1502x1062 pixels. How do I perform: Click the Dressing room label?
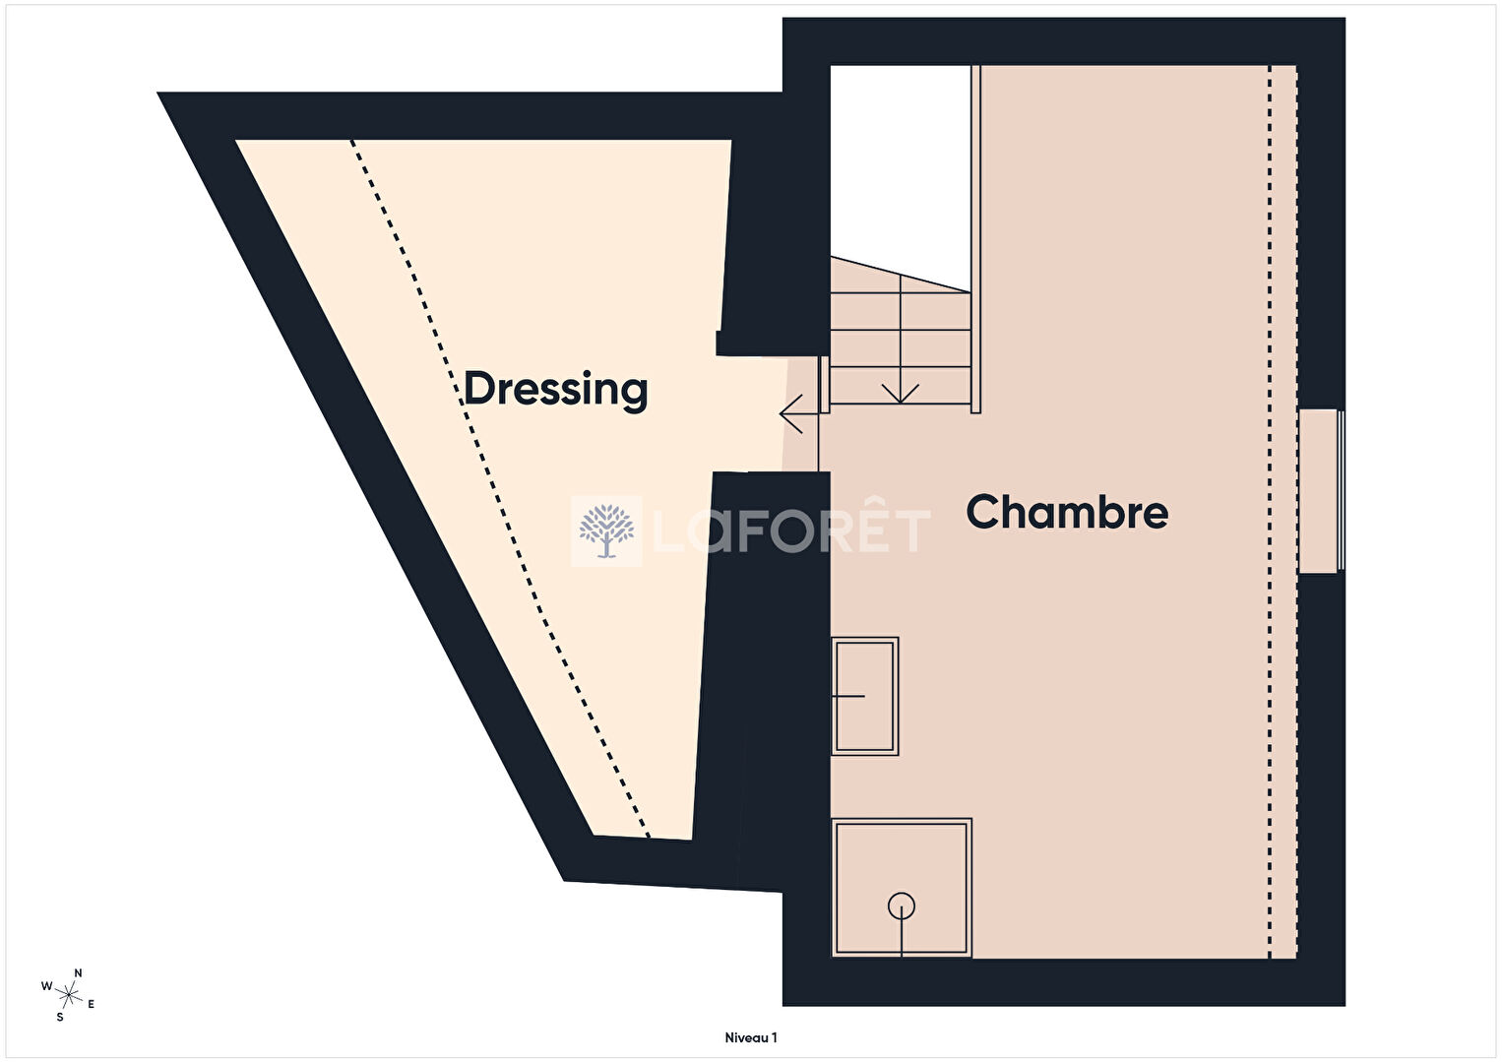[556, 390]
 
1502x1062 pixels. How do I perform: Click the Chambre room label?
[1067, 512]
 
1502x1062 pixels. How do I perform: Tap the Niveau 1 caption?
[750, 1037]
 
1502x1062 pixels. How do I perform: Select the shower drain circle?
[902, 906]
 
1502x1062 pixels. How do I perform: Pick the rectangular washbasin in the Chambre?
[865, 696]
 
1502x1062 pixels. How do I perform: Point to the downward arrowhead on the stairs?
[900, 395]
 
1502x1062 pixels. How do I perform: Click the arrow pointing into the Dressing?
[798, 413]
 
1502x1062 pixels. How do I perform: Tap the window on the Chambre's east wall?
[1322, 491]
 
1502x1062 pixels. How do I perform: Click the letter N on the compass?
[78, 972]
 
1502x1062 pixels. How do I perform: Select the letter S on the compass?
[60, 1017]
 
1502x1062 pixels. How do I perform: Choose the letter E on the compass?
[92, 1004]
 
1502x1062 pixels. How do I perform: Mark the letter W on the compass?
[47, 986]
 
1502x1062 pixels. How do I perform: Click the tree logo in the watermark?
[606, 531]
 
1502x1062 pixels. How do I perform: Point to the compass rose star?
[69, 996]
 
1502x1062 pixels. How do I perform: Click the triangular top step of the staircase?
[901, 275]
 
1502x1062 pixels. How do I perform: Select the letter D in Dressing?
[479, 388]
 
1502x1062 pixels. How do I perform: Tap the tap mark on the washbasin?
[848, 696]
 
